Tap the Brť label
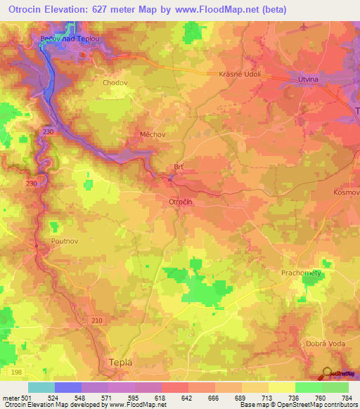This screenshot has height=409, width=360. point(179,167)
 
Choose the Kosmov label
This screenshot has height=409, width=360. point(346,192)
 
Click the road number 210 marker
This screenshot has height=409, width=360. point(97,320)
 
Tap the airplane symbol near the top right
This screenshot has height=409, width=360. point(303,27)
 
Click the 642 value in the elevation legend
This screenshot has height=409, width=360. point(187,397)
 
